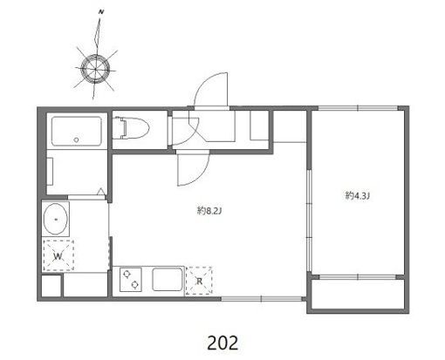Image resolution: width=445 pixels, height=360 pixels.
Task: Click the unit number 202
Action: (222, 343)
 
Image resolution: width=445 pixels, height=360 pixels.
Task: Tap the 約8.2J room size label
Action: (209, 211)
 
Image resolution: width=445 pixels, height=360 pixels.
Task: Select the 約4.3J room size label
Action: (358, 195)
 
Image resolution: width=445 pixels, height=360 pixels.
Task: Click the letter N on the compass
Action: (101, 12)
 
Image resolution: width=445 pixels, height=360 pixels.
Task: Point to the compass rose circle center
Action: (95, 69)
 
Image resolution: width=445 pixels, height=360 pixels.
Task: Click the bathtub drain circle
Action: (76, 139)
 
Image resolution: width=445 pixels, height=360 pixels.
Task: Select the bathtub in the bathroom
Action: (77, 131)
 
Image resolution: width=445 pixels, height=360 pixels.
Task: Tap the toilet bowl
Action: (133, 128)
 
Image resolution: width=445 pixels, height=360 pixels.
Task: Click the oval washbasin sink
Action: (56, 219)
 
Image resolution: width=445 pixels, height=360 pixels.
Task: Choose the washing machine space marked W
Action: (58, 256)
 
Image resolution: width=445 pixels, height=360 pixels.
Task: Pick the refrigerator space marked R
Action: (199, 281)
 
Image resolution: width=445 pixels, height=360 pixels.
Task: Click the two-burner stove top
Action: (131, 280)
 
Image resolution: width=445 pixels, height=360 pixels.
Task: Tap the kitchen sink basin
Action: (168, 280)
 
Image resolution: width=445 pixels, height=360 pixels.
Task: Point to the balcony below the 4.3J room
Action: (358, 294)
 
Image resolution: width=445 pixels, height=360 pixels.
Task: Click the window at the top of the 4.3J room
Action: (358, 108)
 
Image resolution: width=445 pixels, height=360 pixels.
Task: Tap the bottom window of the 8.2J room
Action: (262, 298)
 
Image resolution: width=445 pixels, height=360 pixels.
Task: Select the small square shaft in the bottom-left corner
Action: (51, 286)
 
